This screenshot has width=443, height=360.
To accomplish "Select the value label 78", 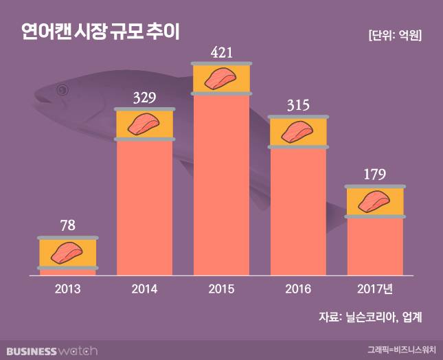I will point(67,225).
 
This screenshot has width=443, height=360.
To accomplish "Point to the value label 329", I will point(144,97).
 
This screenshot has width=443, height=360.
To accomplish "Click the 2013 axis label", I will point(67,289).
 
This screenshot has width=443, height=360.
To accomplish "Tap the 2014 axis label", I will point(144,289).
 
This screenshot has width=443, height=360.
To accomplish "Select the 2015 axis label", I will point(221,289).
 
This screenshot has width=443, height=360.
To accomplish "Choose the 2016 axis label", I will point(297,289).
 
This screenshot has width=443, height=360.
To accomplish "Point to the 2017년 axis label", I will point(374,289).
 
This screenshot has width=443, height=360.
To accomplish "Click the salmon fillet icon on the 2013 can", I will point(67,252).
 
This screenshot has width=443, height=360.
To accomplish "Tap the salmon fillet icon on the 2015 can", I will point(221,79).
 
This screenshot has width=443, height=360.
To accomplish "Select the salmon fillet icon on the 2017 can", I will point(374,201).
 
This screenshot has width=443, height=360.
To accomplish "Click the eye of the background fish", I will point(63,89).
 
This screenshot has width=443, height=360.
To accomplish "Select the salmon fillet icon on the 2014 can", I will point(144,124).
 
